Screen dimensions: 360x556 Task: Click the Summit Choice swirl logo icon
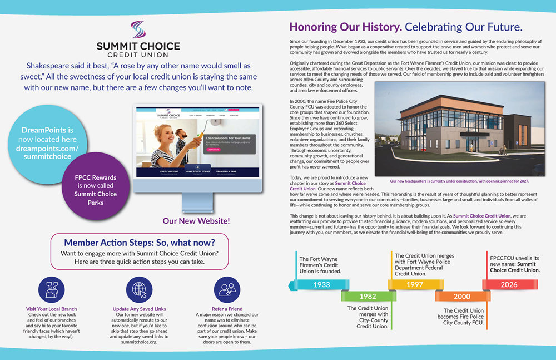(x=137, y=29)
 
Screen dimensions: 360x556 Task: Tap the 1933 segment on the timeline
(x=321, y=284)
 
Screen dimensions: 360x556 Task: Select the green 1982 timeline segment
(x=368, y=296)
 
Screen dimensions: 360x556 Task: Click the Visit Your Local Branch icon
(x=51, y=289)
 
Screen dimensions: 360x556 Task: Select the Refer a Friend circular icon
(x=227, y=289)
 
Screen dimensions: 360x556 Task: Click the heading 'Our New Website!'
(x=196, y=221)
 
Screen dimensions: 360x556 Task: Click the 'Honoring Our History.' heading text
(x=345, y=27)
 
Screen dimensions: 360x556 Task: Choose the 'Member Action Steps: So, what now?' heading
(x=139, y=243)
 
